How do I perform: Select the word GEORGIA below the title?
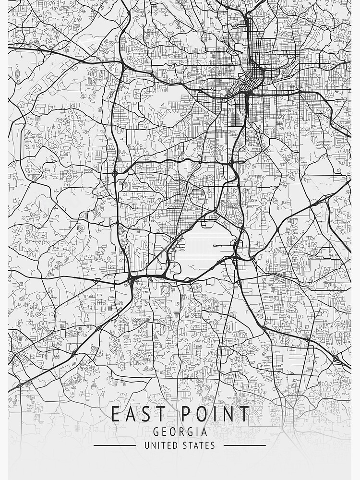click(x=180, y=432)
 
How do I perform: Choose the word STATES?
click(x=199, y=445)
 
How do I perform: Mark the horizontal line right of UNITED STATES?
click(x=244, y=445)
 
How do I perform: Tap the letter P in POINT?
click(x=184, y=414)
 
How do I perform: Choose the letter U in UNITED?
click(x=147, y=445)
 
